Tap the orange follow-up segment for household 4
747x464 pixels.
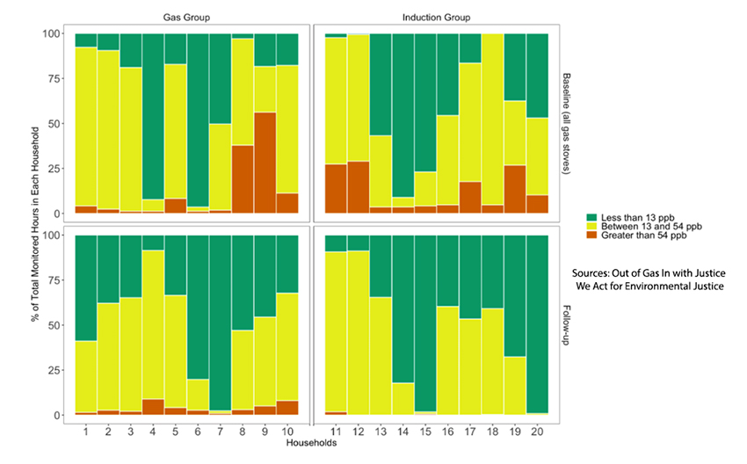coord(154,407)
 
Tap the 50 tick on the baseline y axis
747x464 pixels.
coord(60,124)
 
